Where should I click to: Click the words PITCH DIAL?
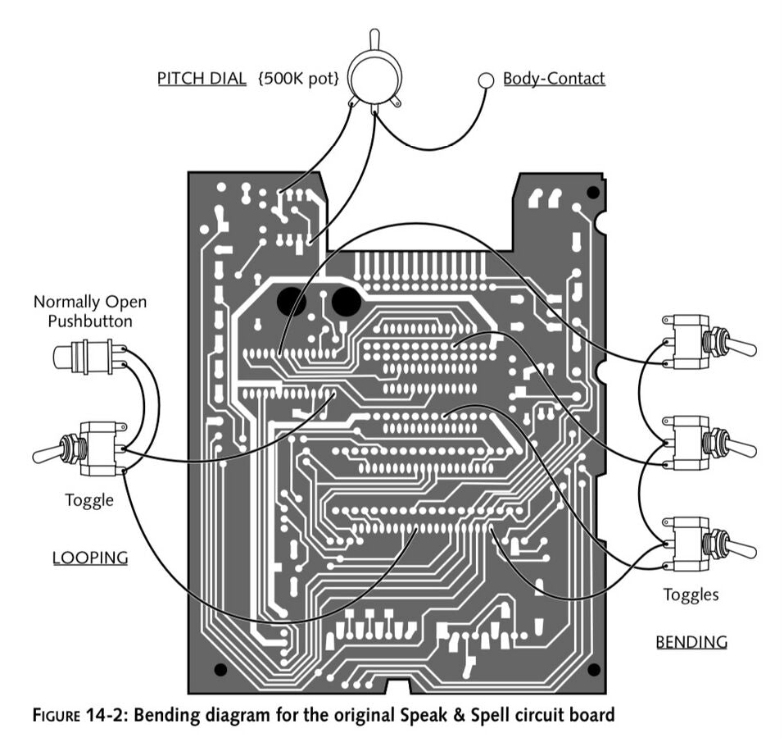tap(202, 79)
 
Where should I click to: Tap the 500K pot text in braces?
tap(298, 79)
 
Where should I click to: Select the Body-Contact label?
tap(554, 79)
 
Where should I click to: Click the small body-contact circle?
tap(486, 80)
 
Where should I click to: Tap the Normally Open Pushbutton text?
tap(90, 311)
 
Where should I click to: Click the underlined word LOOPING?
tap(90, 558)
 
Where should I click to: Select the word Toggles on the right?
tap(691, 594)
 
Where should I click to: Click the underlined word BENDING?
tap(691, 642)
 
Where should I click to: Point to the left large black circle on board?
tap(292, 301)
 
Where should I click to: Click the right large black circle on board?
tap(347, 301)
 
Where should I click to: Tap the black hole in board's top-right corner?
tap(592, 193)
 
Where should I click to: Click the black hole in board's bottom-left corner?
tap(220, 670)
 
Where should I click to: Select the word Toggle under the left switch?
tap(89, 499)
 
